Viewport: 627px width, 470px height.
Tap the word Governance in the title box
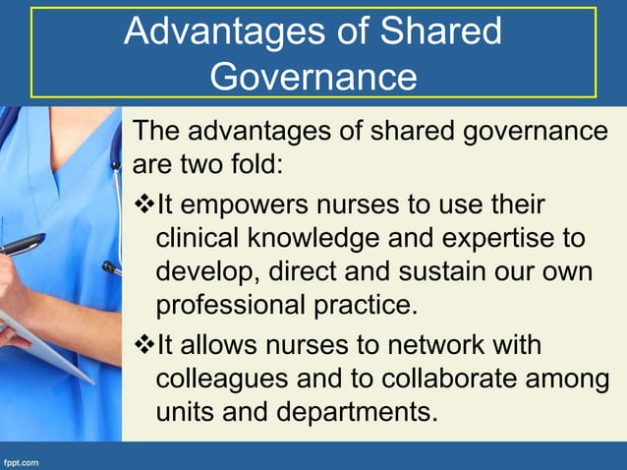(x=313, y=76)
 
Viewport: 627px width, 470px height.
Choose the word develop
(x=203, y=270)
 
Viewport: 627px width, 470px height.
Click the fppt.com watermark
(x=22, y=459)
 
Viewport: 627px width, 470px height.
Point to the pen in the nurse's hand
(x=22, y=243)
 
